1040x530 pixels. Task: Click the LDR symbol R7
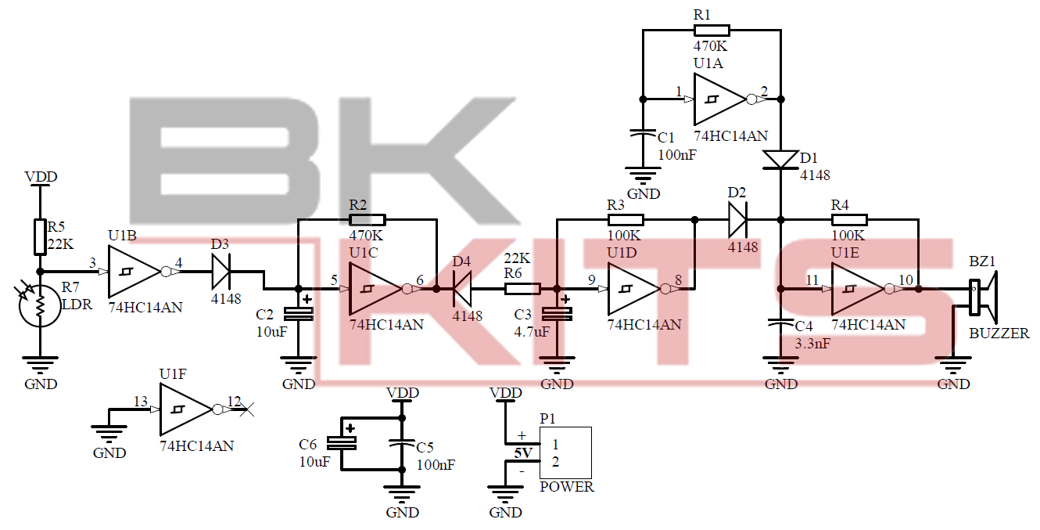pyautogui.click(x=38, y=307)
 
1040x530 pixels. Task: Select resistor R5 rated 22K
pyautogui.click(x=39, y=237)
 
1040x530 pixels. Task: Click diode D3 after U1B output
pyautogui.click(x=221, y=272)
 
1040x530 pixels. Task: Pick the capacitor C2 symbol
pyautogui.click(x=297, y=314)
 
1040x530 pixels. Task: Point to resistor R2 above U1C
pyautogui.click(x=367, y=220)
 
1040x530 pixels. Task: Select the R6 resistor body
pyautogui.click(x=522, y=289)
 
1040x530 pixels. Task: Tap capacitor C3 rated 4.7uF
pyautogui.click(x=557, y=314)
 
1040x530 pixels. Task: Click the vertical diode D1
pyautogui.click(x=780, y=160)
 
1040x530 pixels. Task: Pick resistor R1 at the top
pyautogui.click(x=711, y=31)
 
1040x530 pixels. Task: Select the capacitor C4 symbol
pyautogui.click(x=780, y=323)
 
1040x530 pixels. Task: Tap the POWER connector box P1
pyautogui.click(x=565, y=452)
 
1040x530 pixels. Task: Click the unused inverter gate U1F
pyautogui.click(x=185, y=409)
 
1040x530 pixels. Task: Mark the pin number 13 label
pyautogui.click(x=140, y=402)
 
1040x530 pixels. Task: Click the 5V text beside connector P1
pyautogui.click(x=522, y=452)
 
